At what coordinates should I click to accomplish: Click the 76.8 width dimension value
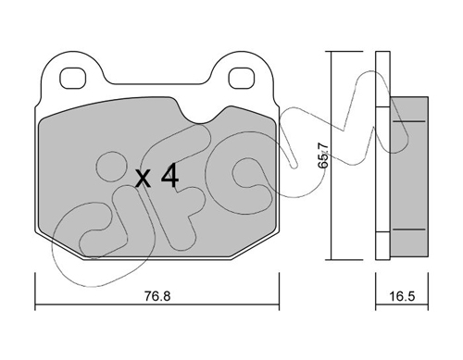click(157, 296)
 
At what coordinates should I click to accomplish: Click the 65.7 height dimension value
click(323, 155)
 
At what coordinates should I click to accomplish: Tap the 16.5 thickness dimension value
click(402, 296)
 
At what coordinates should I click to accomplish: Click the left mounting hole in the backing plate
click(72, 78)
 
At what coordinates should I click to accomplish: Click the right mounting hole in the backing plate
click(241, 78)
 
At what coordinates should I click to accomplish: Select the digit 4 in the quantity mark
click(170, 176)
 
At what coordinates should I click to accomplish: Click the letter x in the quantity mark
click(144, 180)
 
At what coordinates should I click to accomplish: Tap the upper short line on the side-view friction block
click(409, 121)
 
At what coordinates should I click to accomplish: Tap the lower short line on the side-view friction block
click(409, 230)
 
